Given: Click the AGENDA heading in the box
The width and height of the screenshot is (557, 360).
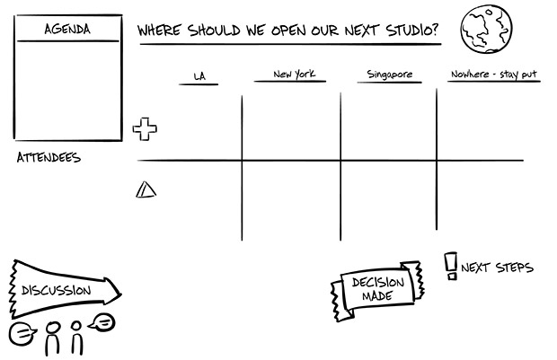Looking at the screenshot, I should coord(67,30).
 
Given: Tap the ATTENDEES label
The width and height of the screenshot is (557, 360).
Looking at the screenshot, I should coord(49,158).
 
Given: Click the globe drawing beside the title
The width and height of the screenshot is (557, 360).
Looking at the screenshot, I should coord(486,30).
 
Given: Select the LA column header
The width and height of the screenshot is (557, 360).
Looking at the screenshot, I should coord(199,76).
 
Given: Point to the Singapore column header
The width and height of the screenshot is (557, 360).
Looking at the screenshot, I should coord(390,75).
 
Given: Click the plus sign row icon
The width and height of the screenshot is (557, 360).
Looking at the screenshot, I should coord(145,128).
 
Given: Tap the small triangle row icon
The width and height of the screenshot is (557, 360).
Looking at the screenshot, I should coord(146,189).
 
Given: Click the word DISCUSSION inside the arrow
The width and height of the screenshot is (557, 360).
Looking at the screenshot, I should coord(57,290).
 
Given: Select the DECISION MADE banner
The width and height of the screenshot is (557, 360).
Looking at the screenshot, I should coord(377,289).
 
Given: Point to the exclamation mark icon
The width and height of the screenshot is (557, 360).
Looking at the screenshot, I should coord(451,266).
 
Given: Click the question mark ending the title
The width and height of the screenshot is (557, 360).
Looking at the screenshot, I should coord(436,31).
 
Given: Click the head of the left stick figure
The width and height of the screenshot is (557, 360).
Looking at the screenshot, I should coord(51,329).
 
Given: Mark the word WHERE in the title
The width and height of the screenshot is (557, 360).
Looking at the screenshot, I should coord(160,31).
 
